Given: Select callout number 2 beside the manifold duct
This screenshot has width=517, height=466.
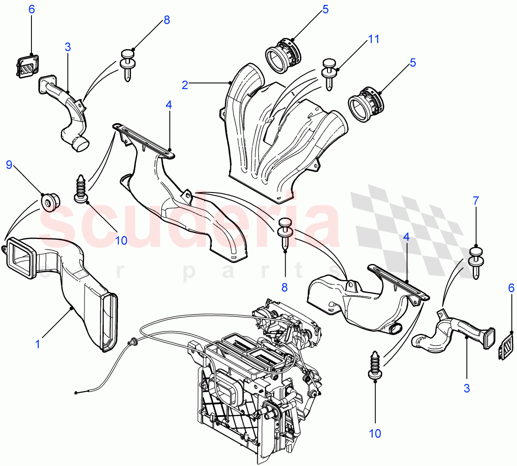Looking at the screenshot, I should point(185,85).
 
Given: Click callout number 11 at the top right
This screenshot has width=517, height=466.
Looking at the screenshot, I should point(374,39).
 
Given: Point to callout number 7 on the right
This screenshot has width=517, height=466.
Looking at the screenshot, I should point(476,201).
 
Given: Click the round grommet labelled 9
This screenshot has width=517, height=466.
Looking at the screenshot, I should point(50,202).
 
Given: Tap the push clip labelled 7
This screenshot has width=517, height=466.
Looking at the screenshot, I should point(476,262).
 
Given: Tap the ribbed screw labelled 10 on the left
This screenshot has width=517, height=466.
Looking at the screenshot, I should point(81,189).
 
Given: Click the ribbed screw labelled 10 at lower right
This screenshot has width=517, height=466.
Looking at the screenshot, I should point(375,366).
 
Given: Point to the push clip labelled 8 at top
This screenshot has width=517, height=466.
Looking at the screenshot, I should point(128,65).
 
